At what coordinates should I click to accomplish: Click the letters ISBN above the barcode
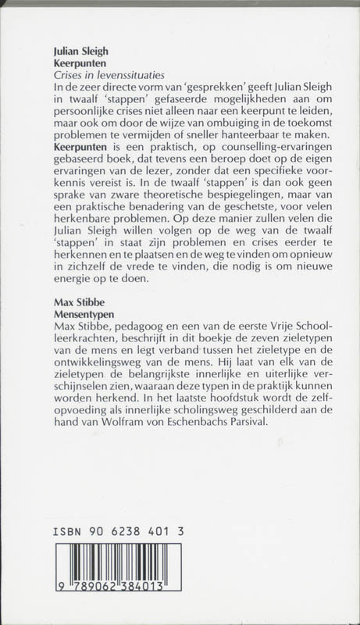tap(68, 530)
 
